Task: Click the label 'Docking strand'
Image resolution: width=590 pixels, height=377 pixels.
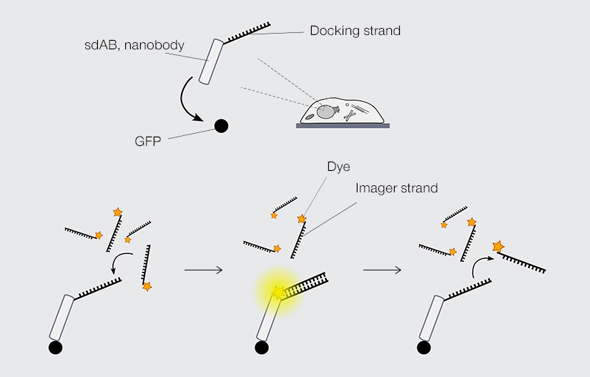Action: point(355,31)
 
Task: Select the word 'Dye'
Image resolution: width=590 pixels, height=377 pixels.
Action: point(338,167)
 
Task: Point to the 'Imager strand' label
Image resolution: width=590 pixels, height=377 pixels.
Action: point(395,188)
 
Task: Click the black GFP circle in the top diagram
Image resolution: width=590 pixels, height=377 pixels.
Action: point(221,127)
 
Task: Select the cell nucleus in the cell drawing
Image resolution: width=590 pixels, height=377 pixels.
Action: point(327,111)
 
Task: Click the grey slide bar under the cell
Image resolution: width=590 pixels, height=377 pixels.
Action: point(343,126)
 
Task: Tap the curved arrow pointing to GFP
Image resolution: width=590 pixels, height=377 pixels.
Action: point(187,100)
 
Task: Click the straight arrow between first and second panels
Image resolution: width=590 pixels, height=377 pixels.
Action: point(204,270)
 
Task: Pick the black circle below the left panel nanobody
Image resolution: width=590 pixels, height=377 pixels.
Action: point(55,348)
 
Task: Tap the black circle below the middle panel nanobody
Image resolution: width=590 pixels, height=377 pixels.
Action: point(261,348)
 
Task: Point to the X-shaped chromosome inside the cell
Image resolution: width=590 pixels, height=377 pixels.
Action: point(350,113)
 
